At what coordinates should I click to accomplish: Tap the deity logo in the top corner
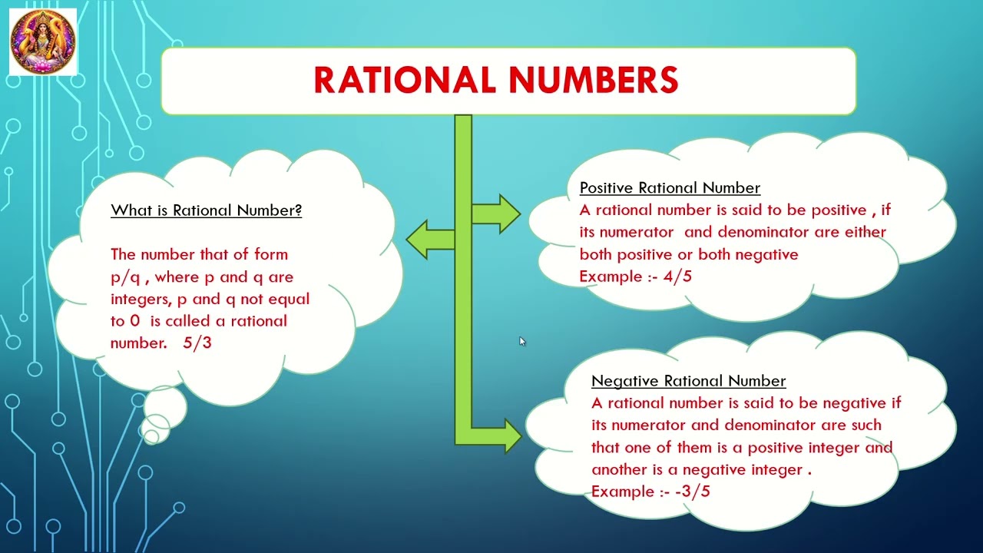coord(43,41)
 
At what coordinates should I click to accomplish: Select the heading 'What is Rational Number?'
coord(206,210)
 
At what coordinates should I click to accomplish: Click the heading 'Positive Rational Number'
coord(670,188)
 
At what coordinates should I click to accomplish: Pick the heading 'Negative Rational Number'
coord(688,381)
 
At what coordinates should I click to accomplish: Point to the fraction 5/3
coord(197,343)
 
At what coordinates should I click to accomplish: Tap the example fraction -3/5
coord(693,492)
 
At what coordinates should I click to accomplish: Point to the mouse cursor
coord(521,341)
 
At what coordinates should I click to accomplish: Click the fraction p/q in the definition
coord(124,277)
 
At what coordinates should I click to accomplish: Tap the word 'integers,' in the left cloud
coord(138,300)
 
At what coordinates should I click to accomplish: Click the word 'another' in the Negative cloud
coord(619,469)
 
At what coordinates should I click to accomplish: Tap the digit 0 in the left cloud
coord(134,321)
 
